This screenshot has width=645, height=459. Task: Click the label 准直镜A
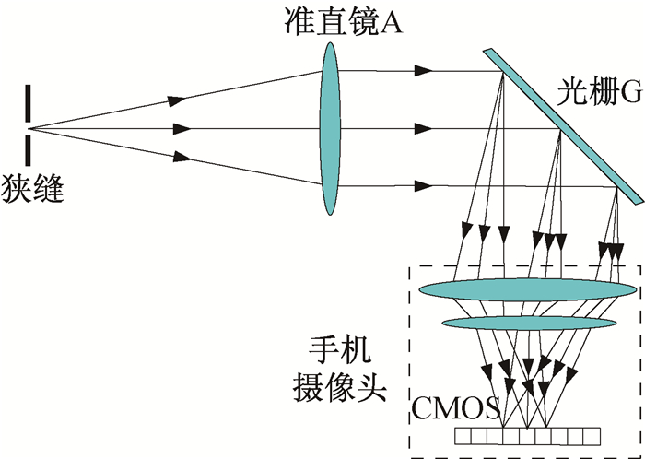click(x=343, y=21)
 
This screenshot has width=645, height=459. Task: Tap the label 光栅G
click(x=599, y=92)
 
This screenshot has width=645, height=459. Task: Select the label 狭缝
click(x=32, y=188)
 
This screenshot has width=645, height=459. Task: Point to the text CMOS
click(x=456, y=408)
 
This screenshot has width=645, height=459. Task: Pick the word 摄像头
click(x=340, y=387)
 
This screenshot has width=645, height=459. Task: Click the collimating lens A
click(x=330, y=128)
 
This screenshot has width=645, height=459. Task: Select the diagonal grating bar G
click(x=564, y=126)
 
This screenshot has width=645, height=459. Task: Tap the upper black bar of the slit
click(x=28, y=103)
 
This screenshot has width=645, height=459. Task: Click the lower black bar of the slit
click(x=28, y=150)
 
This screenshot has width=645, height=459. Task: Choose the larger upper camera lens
click(x=528, y=289)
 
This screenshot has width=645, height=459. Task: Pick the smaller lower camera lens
click(x=529, y=323)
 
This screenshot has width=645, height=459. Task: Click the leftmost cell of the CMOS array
click(x=463, y=436)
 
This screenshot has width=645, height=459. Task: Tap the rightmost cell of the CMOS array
click(x=592, y=436)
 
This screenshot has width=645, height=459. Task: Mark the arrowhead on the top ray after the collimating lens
click(x=423, y=71)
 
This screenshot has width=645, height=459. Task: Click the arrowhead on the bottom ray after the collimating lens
click(x=423, y=186)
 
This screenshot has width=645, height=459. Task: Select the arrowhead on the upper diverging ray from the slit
click(x=177, y=100)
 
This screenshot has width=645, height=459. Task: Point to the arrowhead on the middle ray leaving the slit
click(x=182, y=129)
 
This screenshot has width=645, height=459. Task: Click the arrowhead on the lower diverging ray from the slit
click(x=182, y=157)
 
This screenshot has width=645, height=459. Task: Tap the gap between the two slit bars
click(x=28, y=129)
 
